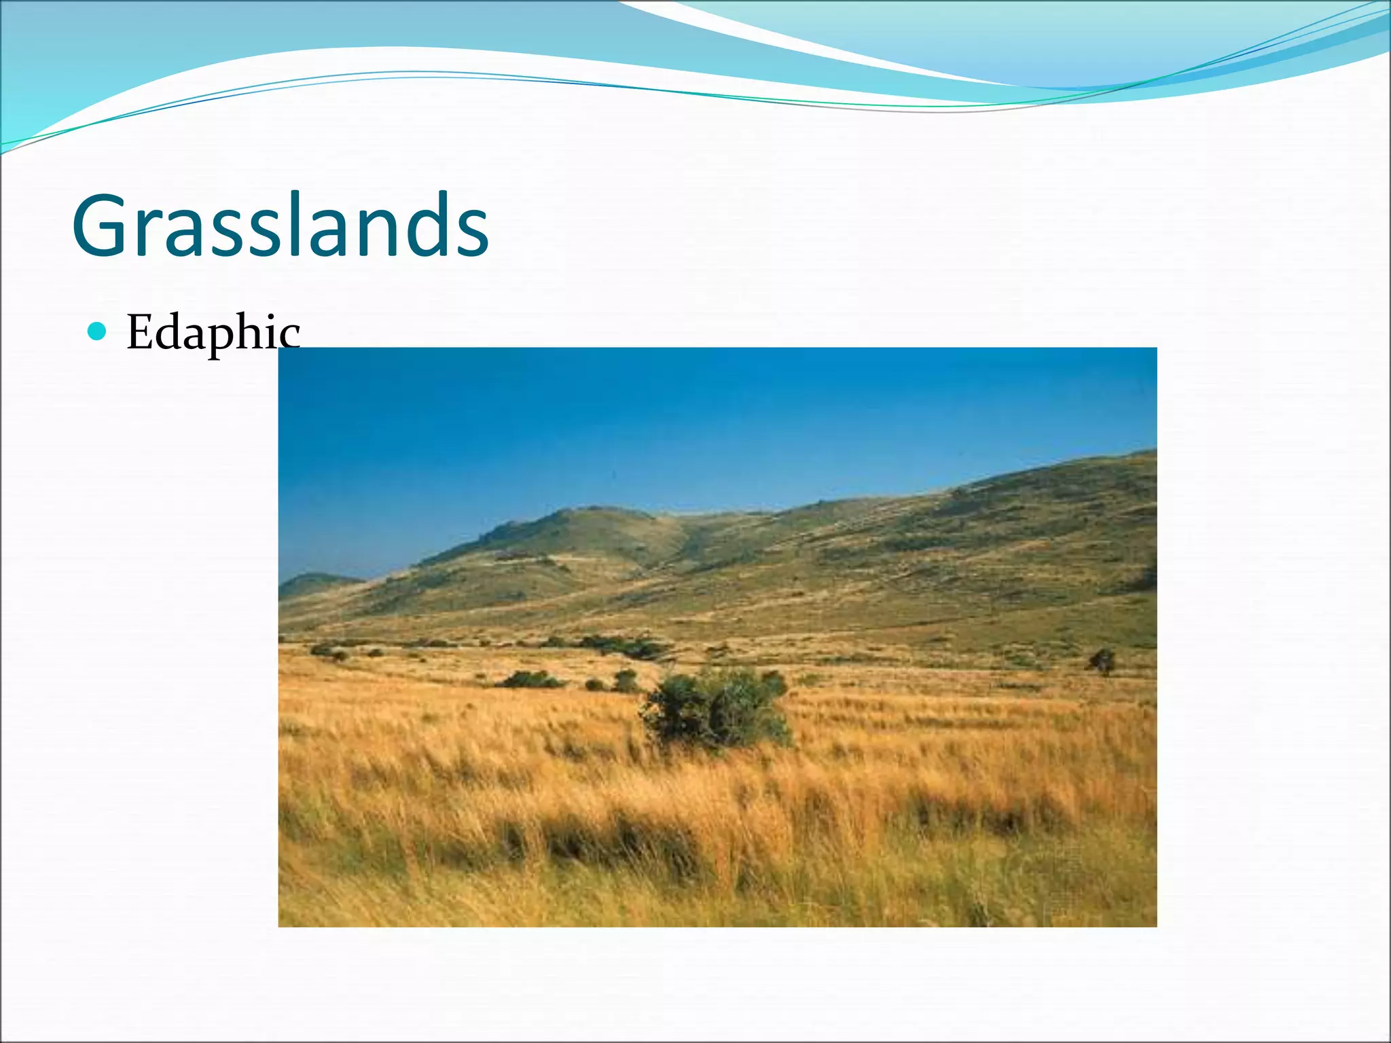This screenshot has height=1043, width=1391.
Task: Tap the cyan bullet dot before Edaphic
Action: [x=98, y=331]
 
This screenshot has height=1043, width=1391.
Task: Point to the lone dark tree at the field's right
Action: [x=1102, y=660]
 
